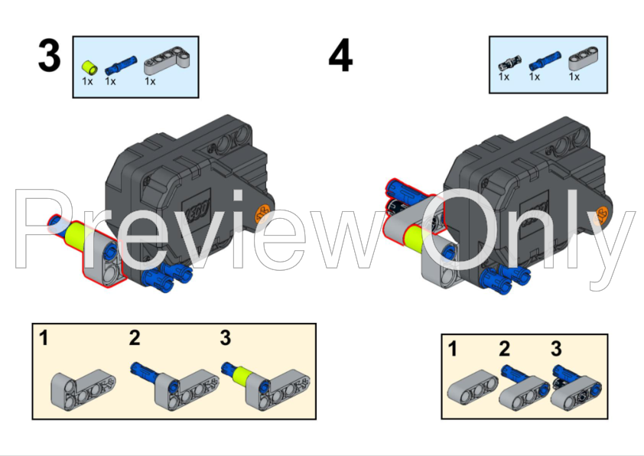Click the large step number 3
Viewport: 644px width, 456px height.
point(49,55)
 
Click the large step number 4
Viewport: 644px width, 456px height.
point(340,55)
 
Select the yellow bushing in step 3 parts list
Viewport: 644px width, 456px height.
point(89,67)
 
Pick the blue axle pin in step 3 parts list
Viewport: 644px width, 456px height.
point(121,65)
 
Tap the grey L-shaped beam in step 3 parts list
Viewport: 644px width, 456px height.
point(167,61)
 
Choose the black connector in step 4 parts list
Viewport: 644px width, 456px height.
point(509,64)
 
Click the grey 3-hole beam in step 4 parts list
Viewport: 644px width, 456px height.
point(584,58)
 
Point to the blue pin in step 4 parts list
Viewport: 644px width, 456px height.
point(545,60)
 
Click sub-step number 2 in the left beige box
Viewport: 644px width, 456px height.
point(135,337)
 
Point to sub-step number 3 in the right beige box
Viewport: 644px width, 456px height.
point(556,348)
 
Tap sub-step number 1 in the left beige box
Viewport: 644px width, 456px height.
point(44,337)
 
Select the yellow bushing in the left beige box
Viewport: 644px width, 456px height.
point(242,376)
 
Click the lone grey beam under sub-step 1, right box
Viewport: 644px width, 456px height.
point(473,387)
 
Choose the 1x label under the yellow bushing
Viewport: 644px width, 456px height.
point(87,81)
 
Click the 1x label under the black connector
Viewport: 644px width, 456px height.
point(504,77)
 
